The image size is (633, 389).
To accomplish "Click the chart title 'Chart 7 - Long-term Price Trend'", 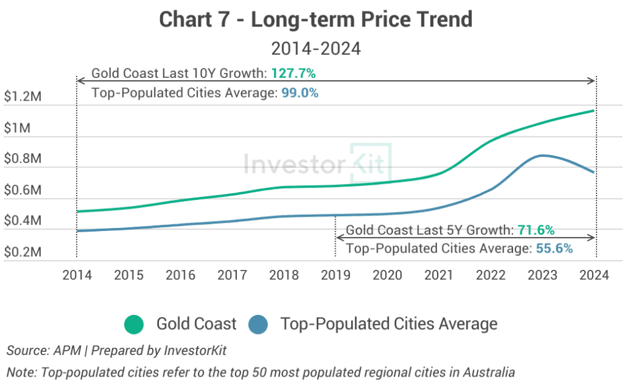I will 316,20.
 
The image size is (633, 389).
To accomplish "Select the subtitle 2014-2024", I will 316,48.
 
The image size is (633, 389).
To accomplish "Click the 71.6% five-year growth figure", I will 536,230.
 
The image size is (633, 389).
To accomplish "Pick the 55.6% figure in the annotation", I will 554,249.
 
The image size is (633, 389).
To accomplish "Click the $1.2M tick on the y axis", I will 22,98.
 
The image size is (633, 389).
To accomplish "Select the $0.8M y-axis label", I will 22,159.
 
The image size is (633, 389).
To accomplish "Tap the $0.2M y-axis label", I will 22,253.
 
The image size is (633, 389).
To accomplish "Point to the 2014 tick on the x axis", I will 77,275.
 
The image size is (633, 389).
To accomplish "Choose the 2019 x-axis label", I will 336,275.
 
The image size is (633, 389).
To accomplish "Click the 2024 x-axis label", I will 595,275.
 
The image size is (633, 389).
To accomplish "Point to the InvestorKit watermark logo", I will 318,163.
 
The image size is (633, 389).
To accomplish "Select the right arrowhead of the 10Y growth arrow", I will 592,80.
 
